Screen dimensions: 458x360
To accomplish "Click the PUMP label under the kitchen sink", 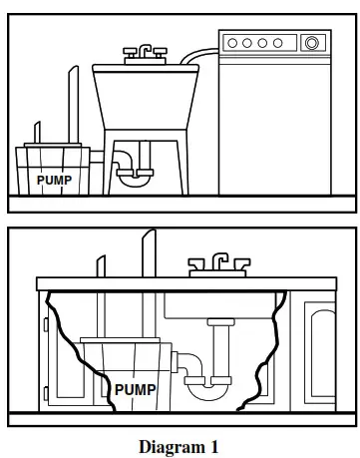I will click(x=136, y=389).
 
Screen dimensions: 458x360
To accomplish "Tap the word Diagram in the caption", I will click(x=168, y=445).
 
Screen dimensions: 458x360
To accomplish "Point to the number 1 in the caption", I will click(x=211, y=445).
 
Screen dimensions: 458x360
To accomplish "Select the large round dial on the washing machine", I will click(x=312, y=43).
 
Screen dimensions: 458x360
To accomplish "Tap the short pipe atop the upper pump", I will click(x=37, y=134).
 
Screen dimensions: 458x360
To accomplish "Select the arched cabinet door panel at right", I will click(x=324, y=349).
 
